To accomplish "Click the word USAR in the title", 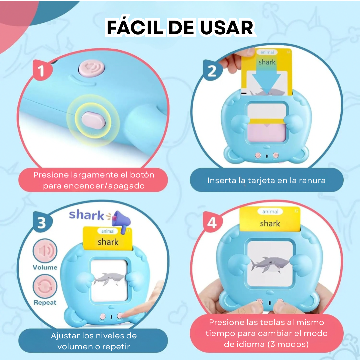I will click(x=227, y=28).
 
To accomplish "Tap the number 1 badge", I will click(x=41, y=71).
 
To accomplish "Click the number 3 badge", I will click(x=41, y=223).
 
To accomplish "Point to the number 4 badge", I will click(x=212, y=223).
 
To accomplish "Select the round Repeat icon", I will click(x=45, y=286).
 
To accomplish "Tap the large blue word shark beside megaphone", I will click(x=87, y=215).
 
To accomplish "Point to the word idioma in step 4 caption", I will click(x=250, y=344).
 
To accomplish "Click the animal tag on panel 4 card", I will click(x=270, y=211).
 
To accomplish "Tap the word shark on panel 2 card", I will click(x=267, y=62).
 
